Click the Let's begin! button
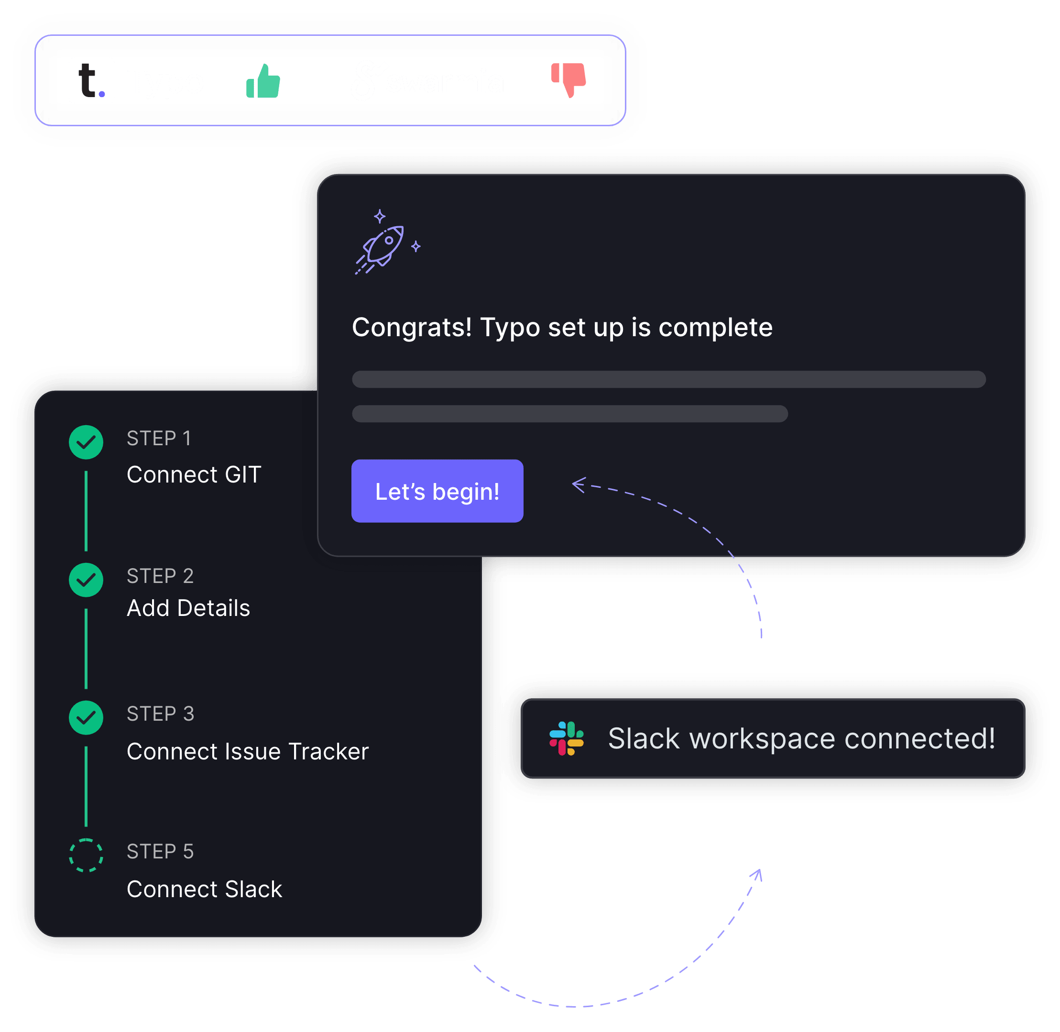point(437,491)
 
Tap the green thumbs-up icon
point(263,82)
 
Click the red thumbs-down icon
point(569,80)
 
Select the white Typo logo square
point(92,80)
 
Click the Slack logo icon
point(566,738)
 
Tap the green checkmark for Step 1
point(86,442)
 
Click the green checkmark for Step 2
point(86,580)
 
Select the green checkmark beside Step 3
point(86,718)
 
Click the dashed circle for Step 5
point(86,856)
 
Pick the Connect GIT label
point(194,475)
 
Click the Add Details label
point(188,608)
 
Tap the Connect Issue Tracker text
point(248,752)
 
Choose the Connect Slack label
point(204,889)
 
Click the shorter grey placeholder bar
point(569,414)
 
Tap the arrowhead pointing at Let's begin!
point(578,484)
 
